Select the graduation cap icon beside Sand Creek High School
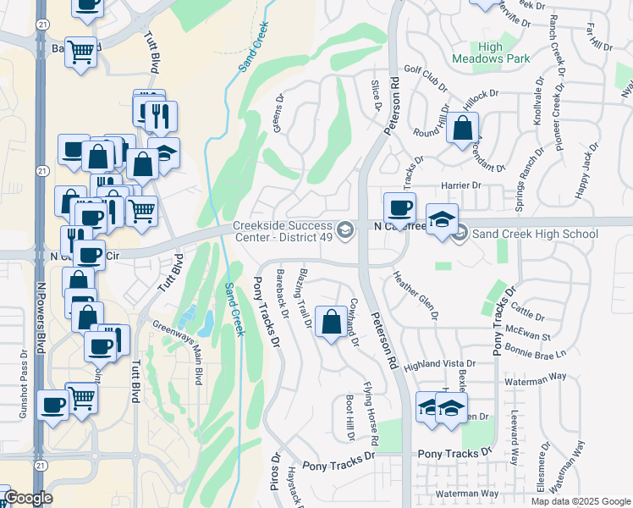(441, 219)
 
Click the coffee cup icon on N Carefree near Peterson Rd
(399, 207)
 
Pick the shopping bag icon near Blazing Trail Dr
(330, 320)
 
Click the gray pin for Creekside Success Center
(344, 230)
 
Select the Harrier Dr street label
(460, 185)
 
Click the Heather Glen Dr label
(416, 295)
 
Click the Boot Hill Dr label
(350, 417)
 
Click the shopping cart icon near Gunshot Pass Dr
(82, 395)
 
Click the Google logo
(28, 498)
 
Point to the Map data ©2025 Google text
(580, 500)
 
